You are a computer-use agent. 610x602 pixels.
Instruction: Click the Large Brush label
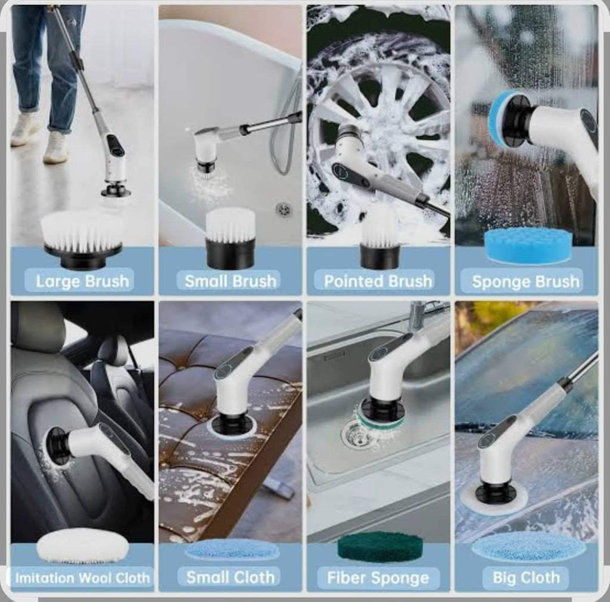(82, 281)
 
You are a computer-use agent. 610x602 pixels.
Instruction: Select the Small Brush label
(231, 281)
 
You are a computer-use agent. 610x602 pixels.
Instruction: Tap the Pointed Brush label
(378, 281)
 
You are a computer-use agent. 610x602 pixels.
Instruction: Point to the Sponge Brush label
(526, 282)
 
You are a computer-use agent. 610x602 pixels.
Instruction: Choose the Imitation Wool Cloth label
(83, 578)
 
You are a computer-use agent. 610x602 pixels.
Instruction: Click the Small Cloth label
(231, 577)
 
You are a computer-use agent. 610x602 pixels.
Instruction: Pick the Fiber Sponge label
(378, 578)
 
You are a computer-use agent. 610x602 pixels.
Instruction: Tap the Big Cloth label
(526, 578)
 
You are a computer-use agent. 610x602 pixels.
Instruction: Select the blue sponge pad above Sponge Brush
(528, 245)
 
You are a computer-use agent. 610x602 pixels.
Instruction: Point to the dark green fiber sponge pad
(380, 547)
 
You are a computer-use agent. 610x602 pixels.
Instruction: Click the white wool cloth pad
(82, 545)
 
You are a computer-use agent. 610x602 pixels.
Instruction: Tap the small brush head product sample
(231, 237)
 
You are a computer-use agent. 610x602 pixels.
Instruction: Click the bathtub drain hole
(284, 209)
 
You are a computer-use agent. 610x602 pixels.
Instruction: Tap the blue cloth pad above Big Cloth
(529, 547)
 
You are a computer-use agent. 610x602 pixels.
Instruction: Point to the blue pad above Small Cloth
(232, 549)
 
